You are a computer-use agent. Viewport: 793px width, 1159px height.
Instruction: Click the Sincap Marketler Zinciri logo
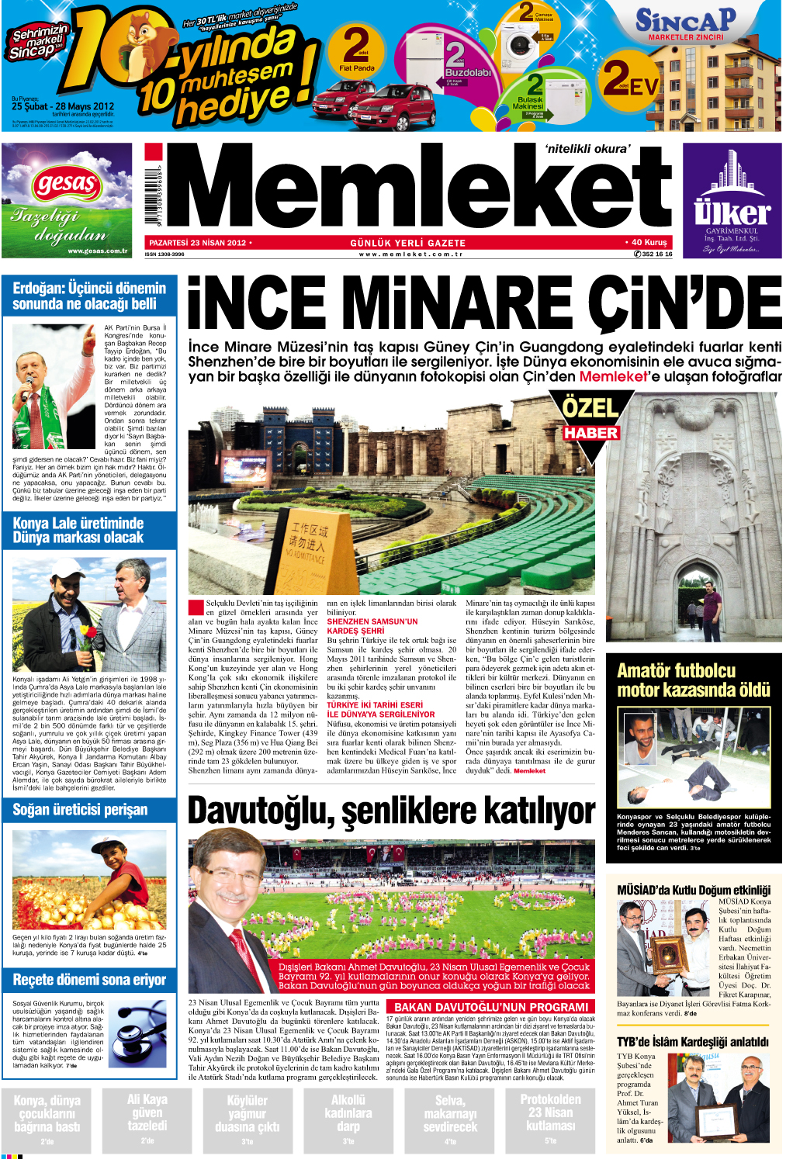pos(686,24)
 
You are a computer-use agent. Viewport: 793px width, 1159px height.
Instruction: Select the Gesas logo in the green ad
pos(66,185)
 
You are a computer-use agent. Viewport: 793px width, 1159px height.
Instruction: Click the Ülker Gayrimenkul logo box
pos(732,202)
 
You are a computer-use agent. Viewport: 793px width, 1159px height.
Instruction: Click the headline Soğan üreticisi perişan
pos(80,810)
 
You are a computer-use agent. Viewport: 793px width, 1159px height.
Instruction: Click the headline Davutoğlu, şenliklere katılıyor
pos(391,811)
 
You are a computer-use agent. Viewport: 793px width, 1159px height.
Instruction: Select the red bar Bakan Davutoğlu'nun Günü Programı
pos(491,1007)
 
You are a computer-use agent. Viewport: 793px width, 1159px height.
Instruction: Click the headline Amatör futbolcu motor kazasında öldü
pos(693,680)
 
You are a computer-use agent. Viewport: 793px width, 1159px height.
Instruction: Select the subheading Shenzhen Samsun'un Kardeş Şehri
pos(372,626)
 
